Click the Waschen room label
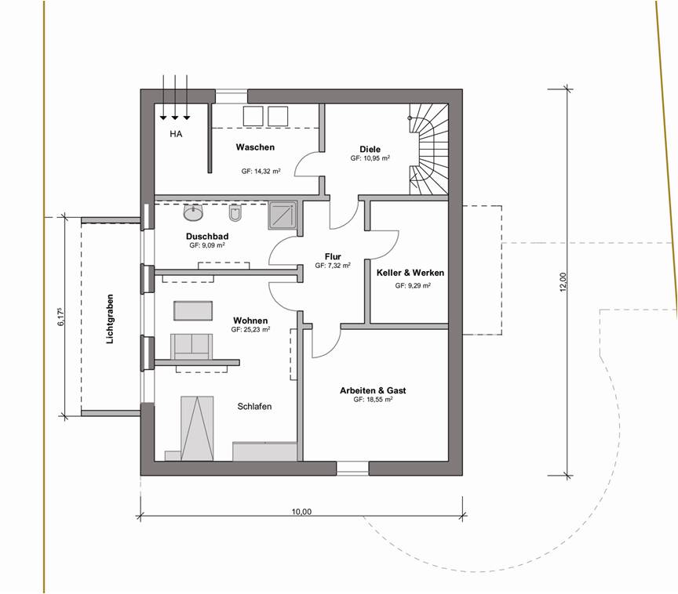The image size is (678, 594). pyautogui.click(x=255, y=147)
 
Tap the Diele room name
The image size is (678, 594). pyautogui.click(x=370, y=150)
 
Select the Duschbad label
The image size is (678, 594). pyautogui.click(x=207, y=236)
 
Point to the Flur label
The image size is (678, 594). pyautogui.click(x=333, y=257)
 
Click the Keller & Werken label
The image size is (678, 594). pyautogui.click(x=410, y=273)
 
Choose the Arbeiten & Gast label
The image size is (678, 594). pyautogui.click(x=373, y=391)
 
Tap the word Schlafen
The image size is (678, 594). pyautogui.click(x=255, y=407)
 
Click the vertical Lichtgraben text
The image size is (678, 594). pyautogui.click(x=110, y=319)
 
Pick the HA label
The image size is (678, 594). pyautogui.click(x=176, y=134)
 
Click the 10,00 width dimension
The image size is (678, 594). pyautogui.click(x=301, y=512)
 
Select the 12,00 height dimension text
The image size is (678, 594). pyautogui.click(x=563, y=282)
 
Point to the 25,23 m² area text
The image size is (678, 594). pyautogui.click(x=251, y=330)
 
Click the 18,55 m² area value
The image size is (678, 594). pyautogui.click(x=374, y=400)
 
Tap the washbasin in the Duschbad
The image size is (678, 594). pyautogui.click(x=193, y=212)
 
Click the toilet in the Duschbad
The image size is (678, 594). pyautogui.click(x=235, y=213)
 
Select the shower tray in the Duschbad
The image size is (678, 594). pyautogui.click(x=282, y=216)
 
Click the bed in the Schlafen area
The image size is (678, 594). pyautogui.click(x=197, y=428)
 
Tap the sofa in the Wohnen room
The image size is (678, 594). pyautogui.click(x=191, y=346)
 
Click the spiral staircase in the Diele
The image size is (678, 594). pyautogui.click(x=428, y=149)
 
